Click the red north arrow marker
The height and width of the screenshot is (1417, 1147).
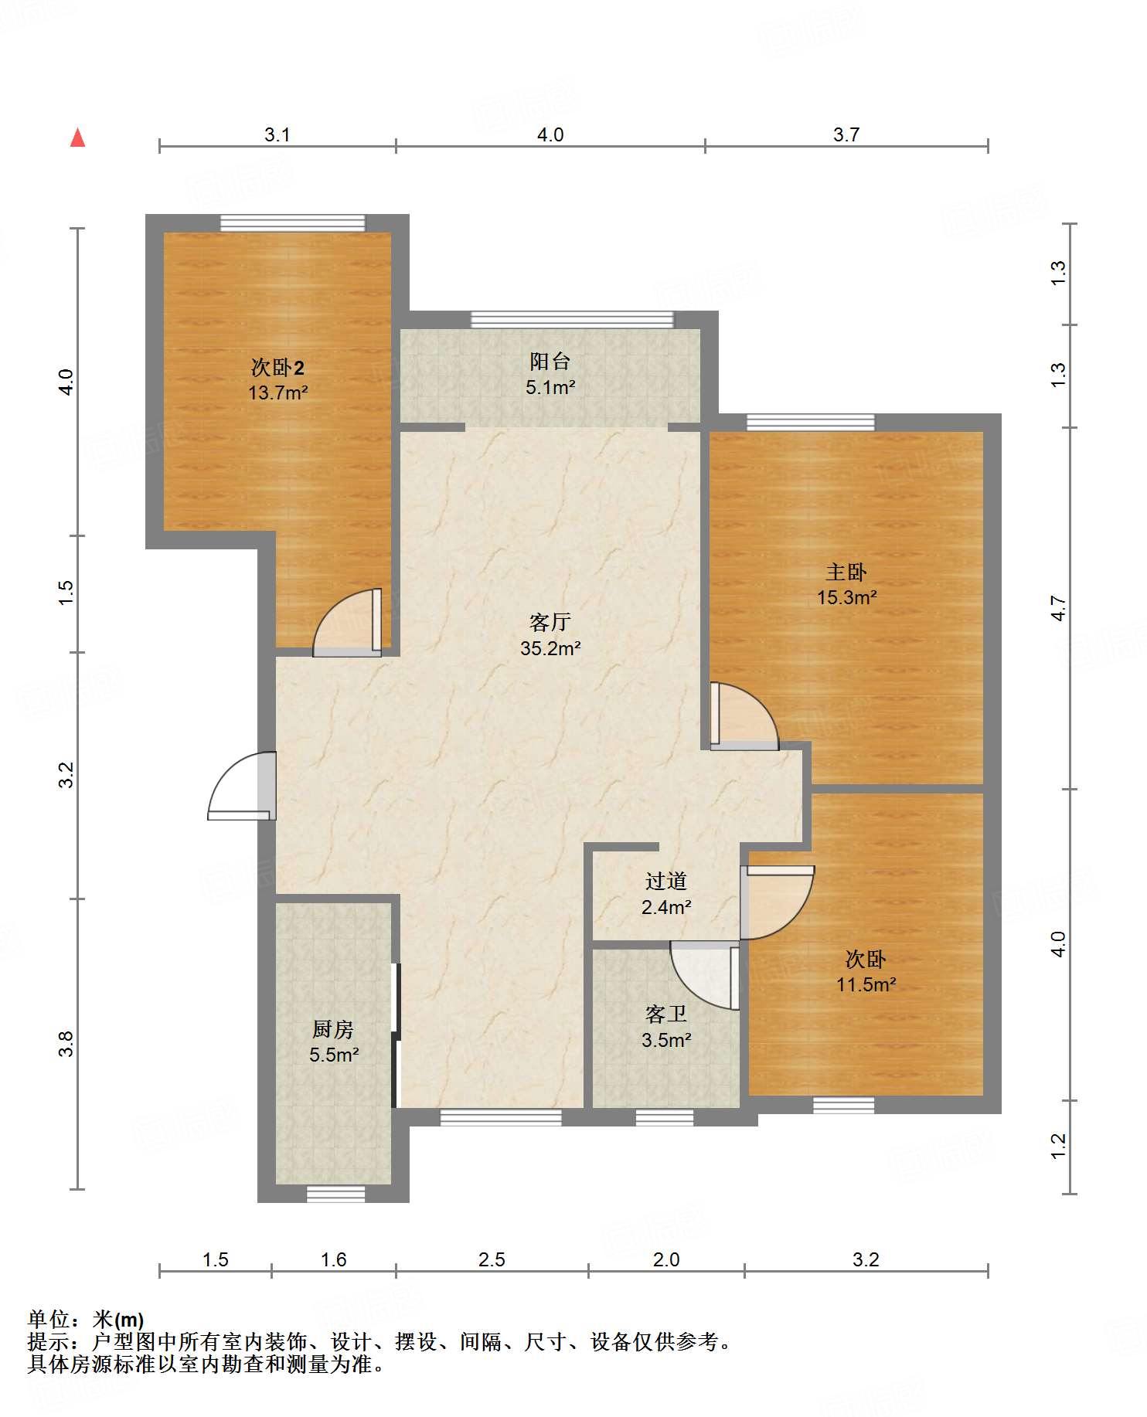(77, 138)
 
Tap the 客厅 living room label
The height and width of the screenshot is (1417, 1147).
(550, 622)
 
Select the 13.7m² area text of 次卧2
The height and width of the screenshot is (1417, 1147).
(278, 392)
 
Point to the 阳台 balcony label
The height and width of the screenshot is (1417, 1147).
(550, 361)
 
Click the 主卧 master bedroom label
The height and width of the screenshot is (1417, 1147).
(846, 572)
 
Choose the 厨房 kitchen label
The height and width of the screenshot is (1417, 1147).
(333, 1029)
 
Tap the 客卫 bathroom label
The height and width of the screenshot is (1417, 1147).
(665, 1014)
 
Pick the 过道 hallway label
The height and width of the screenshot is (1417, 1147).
(665, 881)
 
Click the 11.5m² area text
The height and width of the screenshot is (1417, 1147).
(866, 984)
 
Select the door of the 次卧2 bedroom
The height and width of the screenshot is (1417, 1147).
(347, 623)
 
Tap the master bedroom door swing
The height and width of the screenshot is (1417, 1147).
(744, 716)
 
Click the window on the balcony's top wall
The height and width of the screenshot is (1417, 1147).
(572, 319)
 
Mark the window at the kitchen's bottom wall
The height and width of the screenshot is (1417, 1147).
(335, 1194)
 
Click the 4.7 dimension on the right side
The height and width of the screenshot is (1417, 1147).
(1058, 609)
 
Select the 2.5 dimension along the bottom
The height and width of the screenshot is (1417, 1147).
(492, 1260)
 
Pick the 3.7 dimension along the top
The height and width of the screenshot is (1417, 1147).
(846, 135)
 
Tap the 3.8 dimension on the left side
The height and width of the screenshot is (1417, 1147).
(66, 1045)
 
